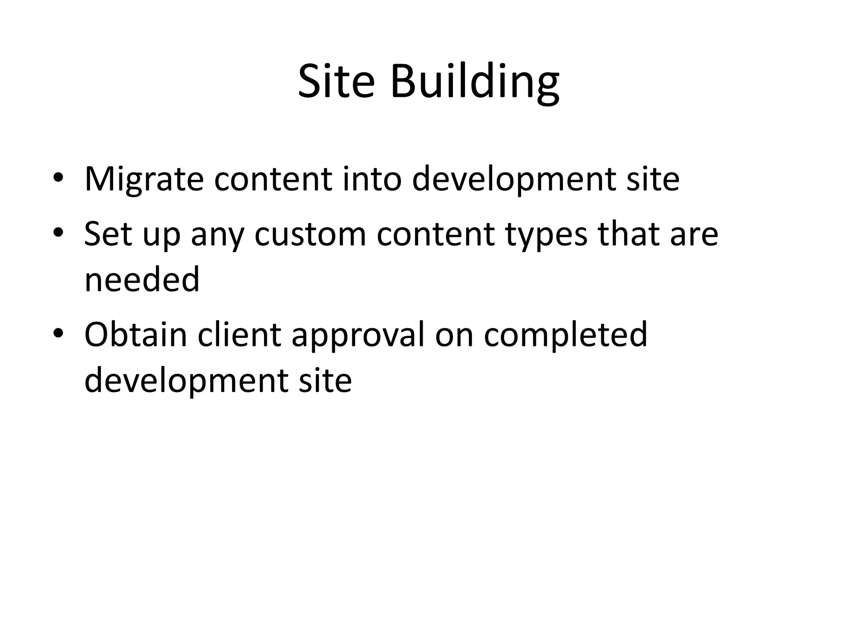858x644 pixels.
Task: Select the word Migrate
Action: (144, 179)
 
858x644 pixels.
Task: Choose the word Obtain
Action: (135, 334)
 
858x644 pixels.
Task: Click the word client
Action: (239, 334)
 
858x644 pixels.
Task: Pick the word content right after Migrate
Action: (273, 179)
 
